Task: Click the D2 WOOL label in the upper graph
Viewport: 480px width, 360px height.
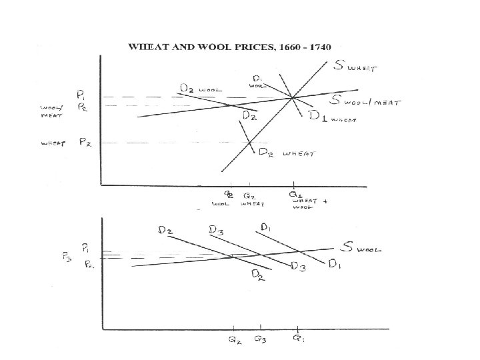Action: coord(200,88)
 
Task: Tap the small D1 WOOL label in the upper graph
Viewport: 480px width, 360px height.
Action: coord(259,81)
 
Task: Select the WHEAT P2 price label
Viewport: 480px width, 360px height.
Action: coord(85,142)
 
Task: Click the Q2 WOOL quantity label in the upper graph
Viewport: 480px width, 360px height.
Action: coord(229,199)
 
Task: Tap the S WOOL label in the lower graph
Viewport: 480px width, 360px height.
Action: coord(361,249)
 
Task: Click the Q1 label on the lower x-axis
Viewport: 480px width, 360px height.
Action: coord(297,338)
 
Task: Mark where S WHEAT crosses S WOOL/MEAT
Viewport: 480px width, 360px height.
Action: coord(293,98)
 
